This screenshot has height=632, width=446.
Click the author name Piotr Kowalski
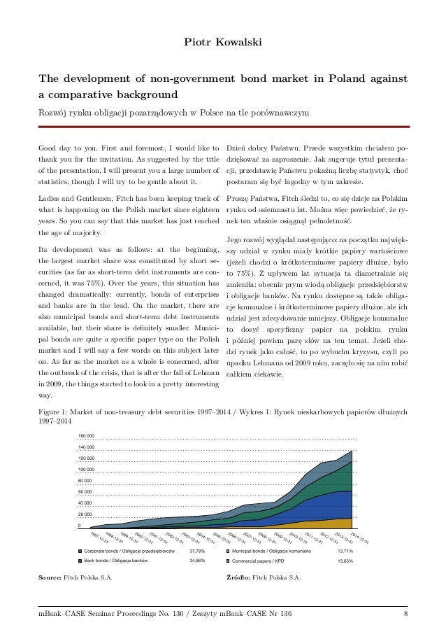[222, 43]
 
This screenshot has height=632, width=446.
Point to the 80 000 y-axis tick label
[86, 481]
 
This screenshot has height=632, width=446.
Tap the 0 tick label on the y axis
[79, 526]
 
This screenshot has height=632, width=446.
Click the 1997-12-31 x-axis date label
[98, 537]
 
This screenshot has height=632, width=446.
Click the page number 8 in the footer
[405, 615]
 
